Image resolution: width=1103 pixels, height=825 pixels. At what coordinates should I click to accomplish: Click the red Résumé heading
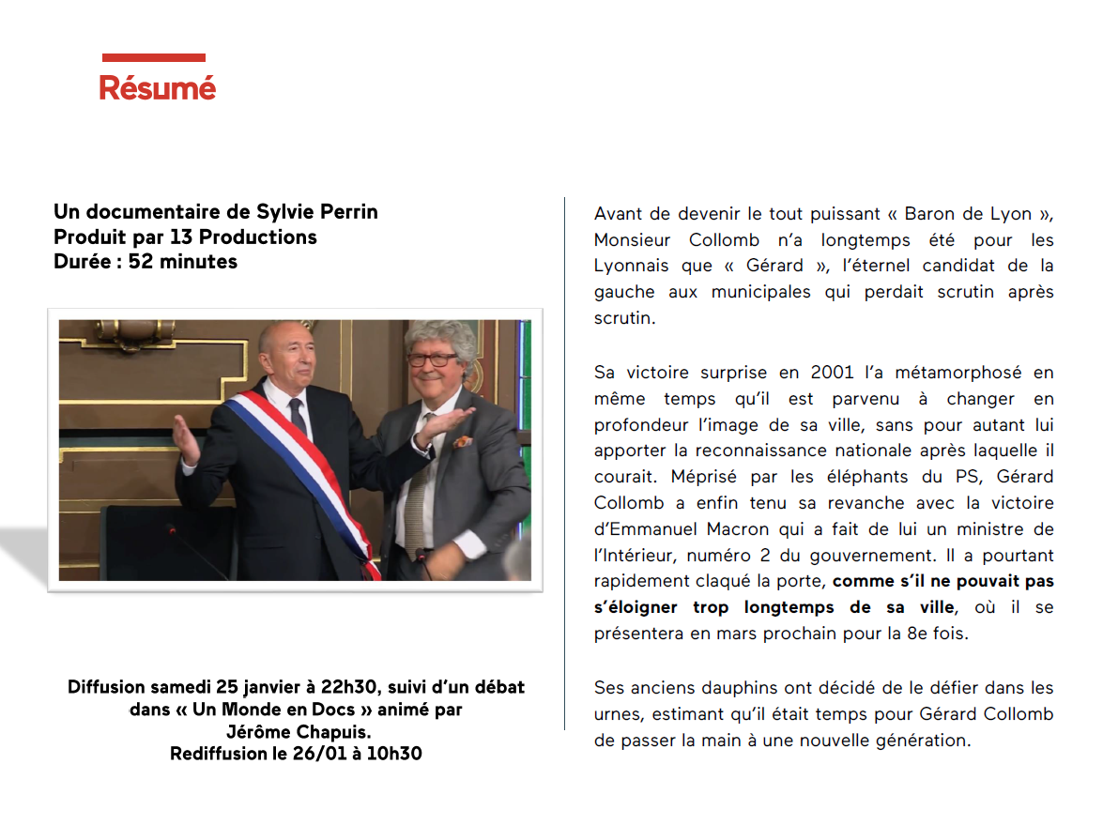coord(158,88)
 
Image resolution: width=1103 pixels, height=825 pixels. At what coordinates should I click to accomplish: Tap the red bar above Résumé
coord(154,58)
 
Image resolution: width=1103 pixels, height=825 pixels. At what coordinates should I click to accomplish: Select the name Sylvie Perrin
coord(317,212)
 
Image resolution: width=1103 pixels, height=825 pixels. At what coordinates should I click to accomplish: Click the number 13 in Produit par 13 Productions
coord(182,237)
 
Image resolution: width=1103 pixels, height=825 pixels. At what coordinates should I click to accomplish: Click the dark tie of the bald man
coord(298,414)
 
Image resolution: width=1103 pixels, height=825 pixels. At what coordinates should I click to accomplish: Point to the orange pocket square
coord(461,441)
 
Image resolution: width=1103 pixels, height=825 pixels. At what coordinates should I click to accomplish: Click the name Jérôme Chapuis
coord(297,732)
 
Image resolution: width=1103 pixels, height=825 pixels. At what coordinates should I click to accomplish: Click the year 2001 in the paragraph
coord(832,373)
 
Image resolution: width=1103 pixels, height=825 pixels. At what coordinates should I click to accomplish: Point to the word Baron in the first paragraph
coord(934,214)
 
